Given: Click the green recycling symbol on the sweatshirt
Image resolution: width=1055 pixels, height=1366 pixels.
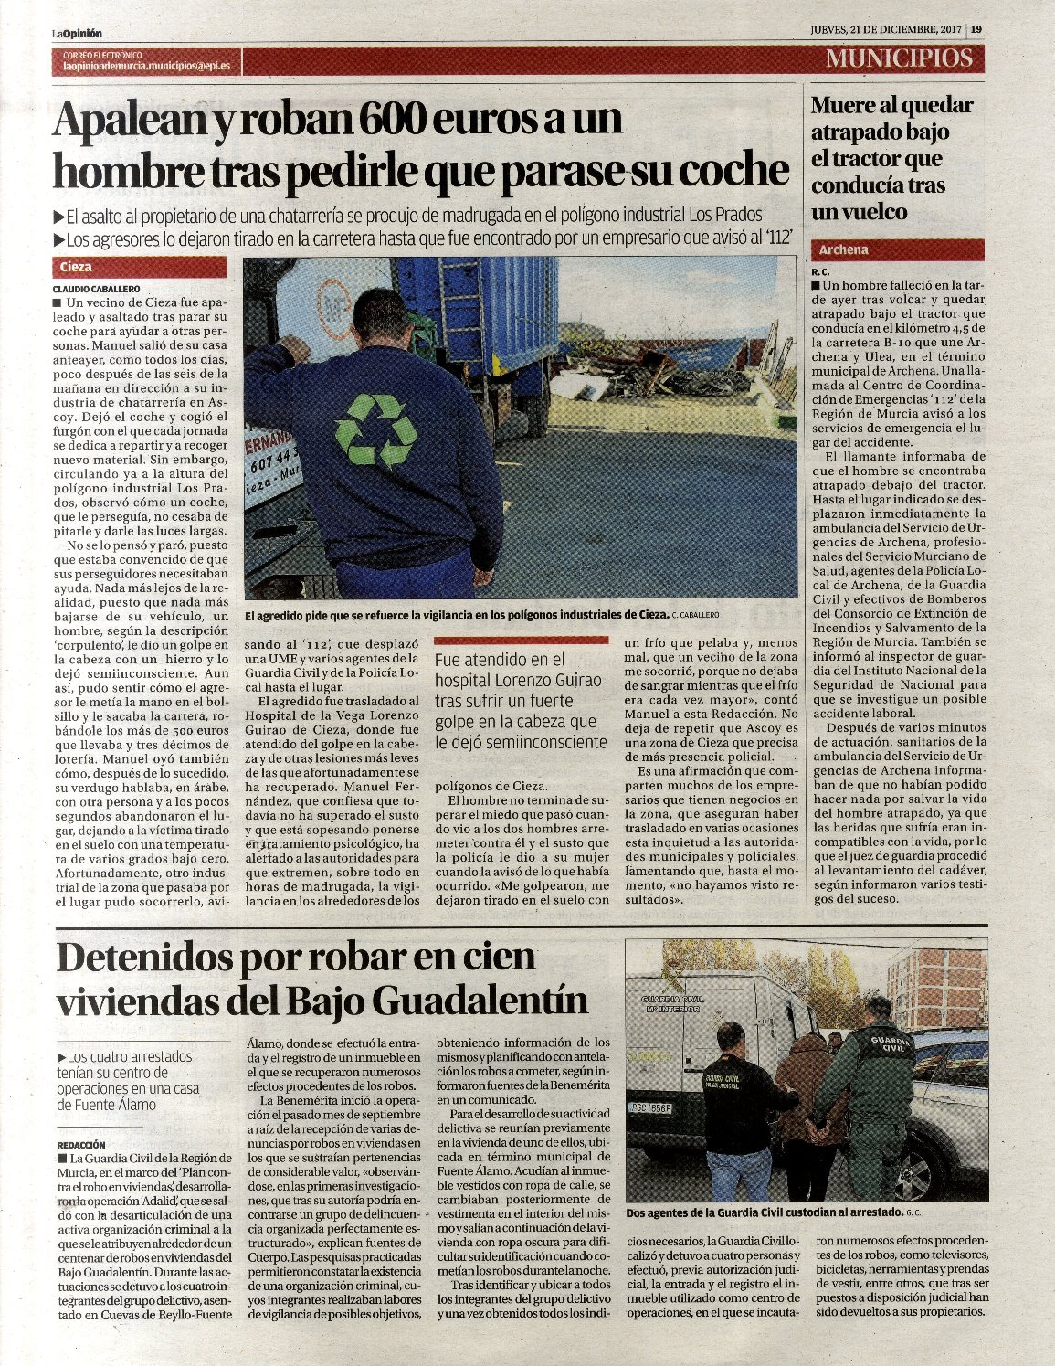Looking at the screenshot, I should (x=375, y=430).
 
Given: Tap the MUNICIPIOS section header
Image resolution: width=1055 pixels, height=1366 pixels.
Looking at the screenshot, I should (x=899, y=58).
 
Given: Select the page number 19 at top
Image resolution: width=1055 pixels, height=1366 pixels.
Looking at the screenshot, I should (x=976, y=28).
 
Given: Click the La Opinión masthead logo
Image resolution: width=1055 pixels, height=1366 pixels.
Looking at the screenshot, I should (x=77, y=33).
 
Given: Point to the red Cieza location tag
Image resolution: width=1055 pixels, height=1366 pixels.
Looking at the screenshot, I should (x=140, y=268).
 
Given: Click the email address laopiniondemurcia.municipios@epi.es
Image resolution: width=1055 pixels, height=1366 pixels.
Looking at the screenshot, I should (x=146, y=67).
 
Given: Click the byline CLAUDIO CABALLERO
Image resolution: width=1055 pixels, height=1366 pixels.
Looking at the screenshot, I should (x=96, y=289).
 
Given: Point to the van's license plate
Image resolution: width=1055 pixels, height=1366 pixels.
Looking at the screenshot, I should (x=651, y=1108).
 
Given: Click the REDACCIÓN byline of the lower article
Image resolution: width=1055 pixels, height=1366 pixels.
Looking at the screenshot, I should (x=81, y=1144).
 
